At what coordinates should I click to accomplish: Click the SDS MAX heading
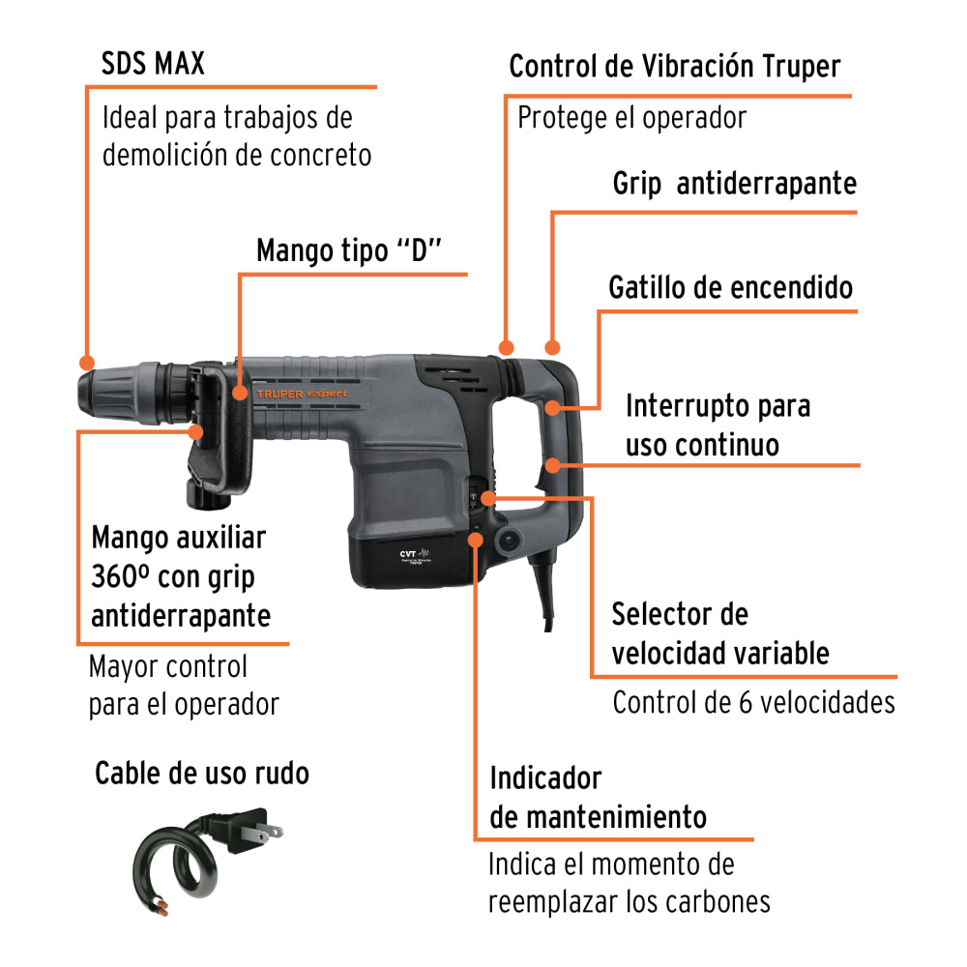point(153,65)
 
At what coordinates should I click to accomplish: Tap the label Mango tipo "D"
point(348,250)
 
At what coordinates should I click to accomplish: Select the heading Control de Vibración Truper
point(674,67)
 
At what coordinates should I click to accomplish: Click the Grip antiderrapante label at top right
point(734,184)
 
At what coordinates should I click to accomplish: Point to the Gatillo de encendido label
point(730,287)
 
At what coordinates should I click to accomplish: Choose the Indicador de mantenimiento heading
point(598,798)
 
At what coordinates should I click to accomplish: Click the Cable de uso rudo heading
point(202,774)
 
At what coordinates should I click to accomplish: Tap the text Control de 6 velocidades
point(753,702)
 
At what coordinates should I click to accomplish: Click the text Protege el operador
point(631,118)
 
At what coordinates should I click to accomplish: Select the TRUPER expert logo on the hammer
point(315,394)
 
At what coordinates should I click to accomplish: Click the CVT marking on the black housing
point(408,555)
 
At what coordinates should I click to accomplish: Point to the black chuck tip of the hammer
point(97,392)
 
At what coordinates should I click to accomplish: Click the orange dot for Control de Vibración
point(504,346)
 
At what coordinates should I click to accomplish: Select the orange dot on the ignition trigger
point(553,408)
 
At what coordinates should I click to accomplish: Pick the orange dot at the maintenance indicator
point(476,539)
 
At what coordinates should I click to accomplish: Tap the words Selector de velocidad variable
point(719,633)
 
